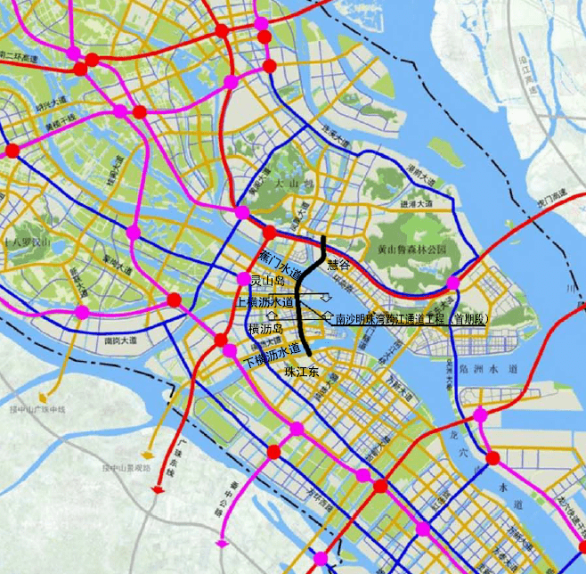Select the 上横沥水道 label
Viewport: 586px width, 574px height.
[x=265, y=302]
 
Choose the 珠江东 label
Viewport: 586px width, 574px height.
[x=302, y=370]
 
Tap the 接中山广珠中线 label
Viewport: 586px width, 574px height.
[x=38, y=409]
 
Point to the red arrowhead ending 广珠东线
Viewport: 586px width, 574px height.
[x=159, y=488]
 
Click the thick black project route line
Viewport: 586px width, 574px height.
[x=300, y=303]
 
